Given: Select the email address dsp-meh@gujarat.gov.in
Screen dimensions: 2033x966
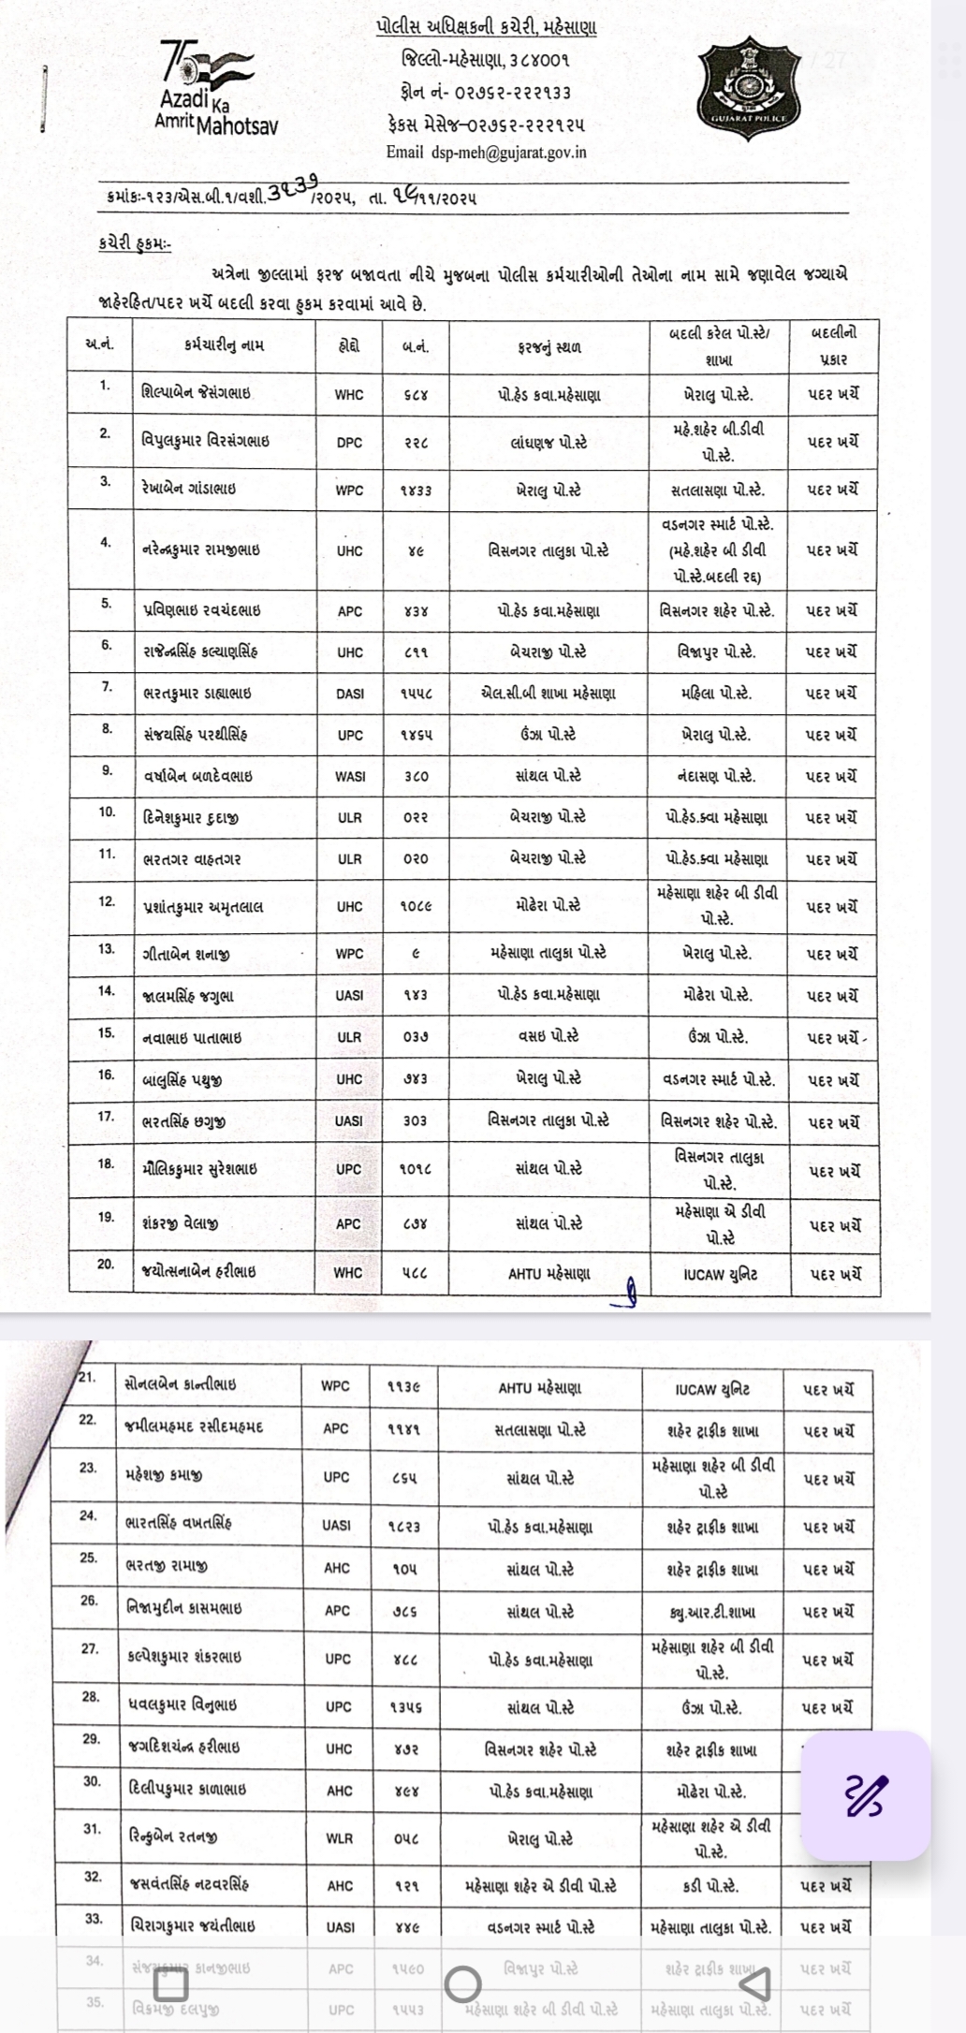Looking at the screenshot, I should coord(486,153).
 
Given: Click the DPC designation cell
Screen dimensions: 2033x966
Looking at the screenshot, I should coord(349,442).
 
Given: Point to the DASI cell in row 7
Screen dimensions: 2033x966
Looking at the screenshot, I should coord(349,694).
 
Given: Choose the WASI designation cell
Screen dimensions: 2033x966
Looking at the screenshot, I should coord(349,776).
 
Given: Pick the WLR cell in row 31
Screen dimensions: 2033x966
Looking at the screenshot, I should coord(339,1838).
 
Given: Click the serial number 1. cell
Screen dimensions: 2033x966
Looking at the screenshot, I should coord(106,385).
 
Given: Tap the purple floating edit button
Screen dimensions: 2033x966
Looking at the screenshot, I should coord(867,1793).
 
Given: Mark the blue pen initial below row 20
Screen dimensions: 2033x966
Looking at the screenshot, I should coord(630,1293).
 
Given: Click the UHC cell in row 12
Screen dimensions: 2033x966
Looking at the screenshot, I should coord(349,906).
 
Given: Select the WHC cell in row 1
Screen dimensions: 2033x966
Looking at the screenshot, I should coord(349,395).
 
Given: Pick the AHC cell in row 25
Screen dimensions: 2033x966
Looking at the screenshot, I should coord(337,1568).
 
